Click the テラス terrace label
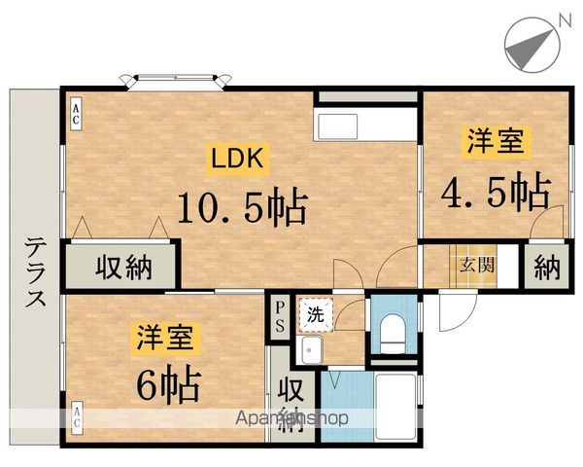click(x=35, y=271)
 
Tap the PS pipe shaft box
click(x=279, y=316)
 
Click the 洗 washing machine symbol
click(x=315, y=313)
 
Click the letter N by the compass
click(x=566, y=16)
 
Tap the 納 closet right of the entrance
click(x=546, y=265)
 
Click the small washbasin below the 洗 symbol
click(x=312, y=348)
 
